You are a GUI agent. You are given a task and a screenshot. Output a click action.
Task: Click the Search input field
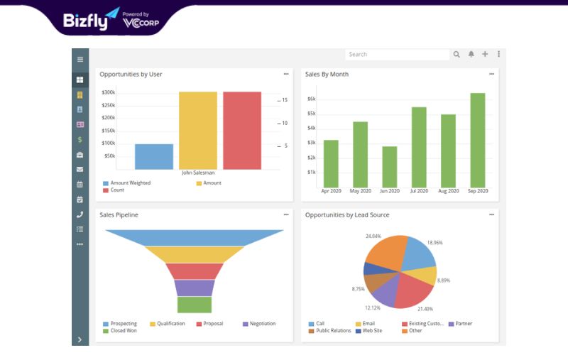(x=397, y=55)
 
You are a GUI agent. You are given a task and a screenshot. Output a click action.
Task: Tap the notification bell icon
(x=471, y=54)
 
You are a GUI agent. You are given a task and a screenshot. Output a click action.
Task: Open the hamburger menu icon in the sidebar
(x=80, y=59)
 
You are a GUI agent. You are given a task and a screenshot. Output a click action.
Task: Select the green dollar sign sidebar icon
(x=80, y=140)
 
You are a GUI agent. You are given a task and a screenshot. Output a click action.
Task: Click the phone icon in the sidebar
(x=80, y=214)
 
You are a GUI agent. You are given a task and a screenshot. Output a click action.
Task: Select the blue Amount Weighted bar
(x=154, y=156)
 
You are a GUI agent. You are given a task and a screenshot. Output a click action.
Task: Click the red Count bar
(x=242, y=131)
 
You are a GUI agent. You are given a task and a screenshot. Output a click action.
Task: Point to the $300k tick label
(x=109, y=92)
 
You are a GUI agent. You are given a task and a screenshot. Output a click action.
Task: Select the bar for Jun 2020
(x=389, y=167)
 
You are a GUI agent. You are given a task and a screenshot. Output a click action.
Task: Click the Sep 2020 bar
(x=477, y=140)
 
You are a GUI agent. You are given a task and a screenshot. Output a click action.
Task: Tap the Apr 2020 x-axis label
(x=331, y=191)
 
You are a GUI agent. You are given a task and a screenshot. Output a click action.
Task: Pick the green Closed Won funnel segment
(x=195, y=305)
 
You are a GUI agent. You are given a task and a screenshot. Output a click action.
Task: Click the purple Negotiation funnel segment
(x=195, y=288)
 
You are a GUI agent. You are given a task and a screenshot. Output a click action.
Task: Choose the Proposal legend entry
(x=209, y=323)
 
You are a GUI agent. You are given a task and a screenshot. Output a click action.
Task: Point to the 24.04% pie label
(x=373, y=236)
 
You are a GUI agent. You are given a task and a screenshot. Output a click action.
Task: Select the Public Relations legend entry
(x=329, y=331)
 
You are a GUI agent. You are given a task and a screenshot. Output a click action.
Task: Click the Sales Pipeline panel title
(x=119, y=214)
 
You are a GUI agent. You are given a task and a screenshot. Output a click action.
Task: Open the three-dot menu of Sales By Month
(x=491, y=74)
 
